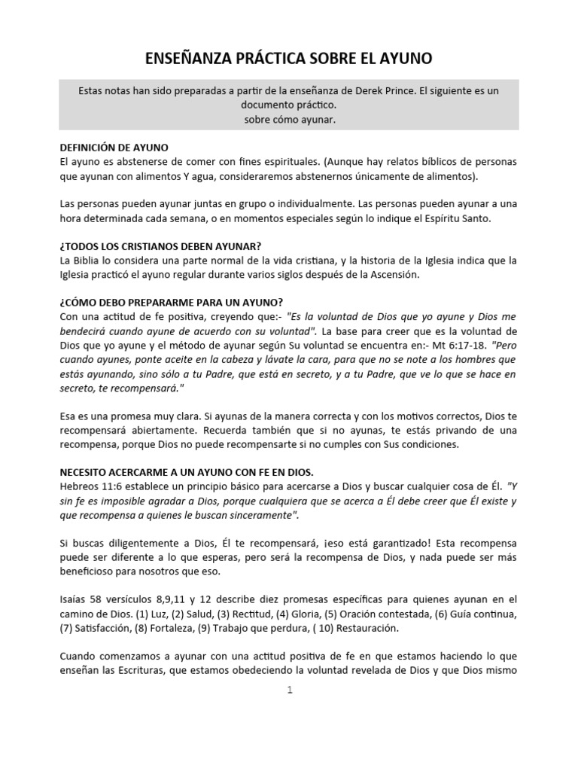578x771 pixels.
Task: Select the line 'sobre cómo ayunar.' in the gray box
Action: [x=289, y=120]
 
